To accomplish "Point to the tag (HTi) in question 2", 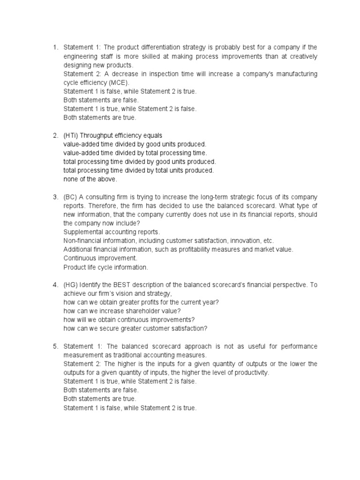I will (x=71, y=135).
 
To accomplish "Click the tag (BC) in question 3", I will (x=70, y=197).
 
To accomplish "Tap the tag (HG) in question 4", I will (x=71, y=285).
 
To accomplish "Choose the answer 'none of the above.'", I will (x=90, y=179).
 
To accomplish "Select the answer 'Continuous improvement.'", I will (x=100, y=258).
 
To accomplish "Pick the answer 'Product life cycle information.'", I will (x=105, y=267).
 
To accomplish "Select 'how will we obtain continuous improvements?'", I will (x=129, y=320).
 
